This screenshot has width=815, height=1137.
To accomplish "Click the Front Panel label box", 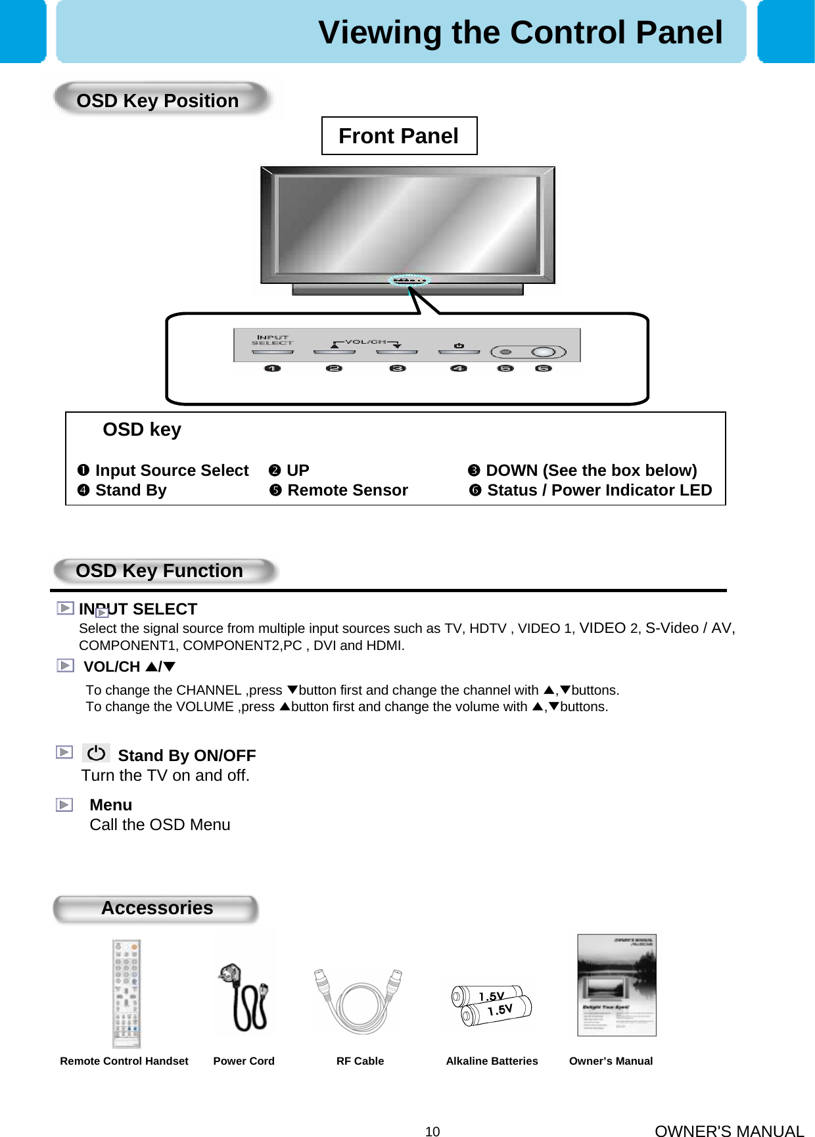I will (x=399, y=136).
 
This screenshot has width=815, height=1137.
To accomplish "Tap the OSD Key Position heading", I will (x=158, y=101).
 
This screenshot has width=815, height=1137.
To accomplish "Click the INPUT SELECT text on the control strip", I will (x=272, y=340).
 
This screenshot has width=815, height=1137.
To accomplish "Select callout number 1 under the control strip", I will (x=272, y=369).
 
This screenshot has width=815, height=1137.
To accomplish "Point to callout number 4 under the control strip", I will (x=459, y=369).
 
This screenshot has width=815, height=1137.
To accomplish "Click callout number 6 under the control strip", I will (x=543, y=369).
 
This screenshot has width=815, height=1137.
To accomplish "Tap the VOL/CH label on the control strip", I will (x=365, y=342).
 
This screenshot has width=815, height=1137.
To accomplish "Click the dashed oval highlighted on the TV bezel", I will (x=409, y=281).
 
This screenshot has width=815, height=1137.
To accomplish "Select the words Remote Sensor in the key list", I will (x=348, y=490).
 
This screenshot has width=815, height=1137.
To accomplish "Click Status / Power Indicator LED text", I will (x=599, y=490).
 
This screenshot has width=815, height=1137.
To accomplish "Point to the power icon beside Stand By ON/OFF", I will (x=96, y=753).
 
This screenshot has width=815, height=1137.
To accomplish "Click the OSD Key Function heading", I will (x=159, y=570).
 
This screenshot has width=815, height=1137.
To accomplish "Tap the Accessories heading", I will (x=157, y=908).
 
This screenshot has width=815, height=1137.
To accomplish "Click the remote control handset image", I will (x=126, y=994).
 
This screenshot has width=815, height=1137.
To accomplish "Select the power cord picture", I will (x=244, y=996).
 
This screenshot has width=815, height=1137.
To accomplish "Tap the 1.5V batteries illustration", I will (x=492, y=1004).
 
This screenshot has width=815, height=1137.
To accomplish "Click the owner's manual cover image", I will (x=617, y=985).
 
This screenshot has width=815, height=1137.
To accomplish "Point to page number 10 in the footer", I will (x=432, y=1131).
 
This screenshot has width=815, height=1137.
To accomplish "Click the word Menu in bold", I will (x=110, y=805).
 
